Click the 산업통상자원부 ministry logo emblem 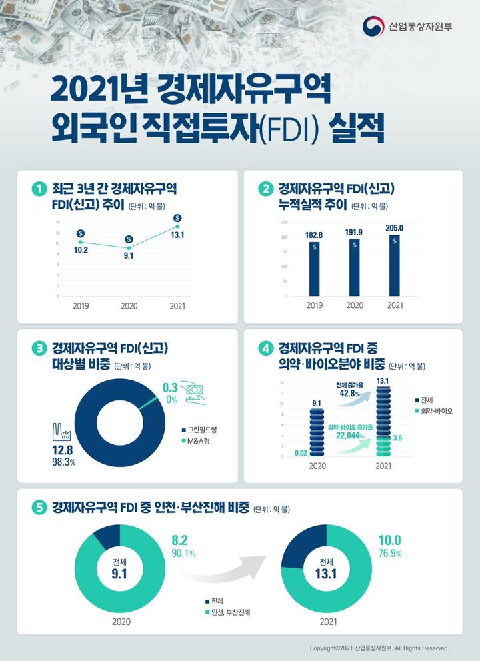(x=373, y=27)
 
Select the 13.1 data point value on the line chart (x=177, y=235)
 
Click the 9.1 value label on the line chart (x=129, y=255)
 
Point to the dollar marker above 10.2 (x=81, y=233)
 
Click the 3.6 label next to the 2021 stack (x=397, y=438)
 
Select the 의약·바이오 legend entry (x=433, y=412)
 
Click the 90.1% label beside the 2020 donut (x=183, y=553)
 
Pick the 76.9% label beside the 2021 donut (x=390, y=553)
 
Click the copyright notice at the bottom (x=379, y=648)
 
